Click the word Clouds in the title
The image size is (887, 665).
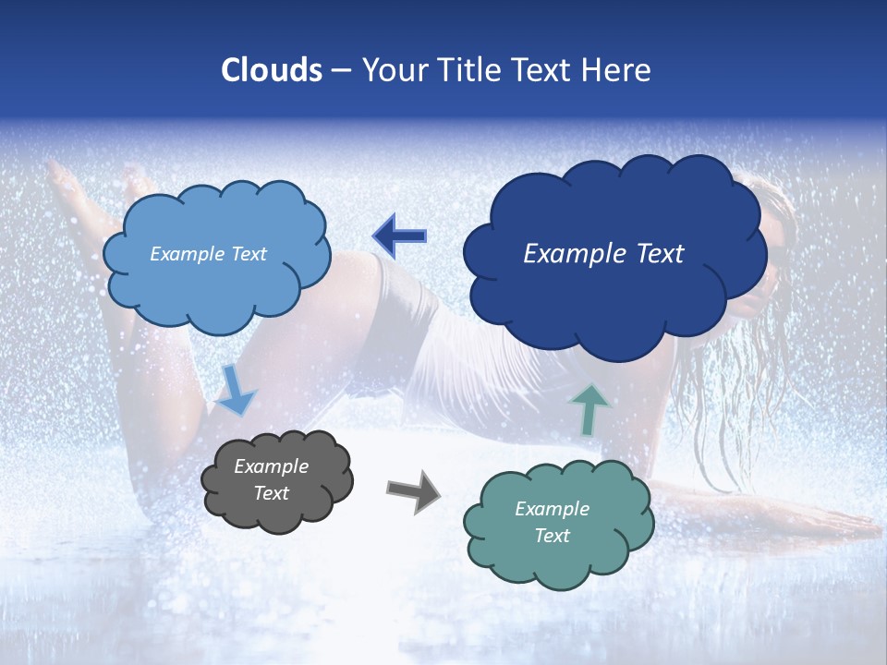point(272,70)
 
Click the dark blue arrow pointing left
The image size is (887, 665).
point(400,236)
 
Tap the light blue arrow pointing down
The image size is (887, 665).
point(237,391)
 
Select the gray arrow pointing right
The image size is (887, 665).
point(413,491)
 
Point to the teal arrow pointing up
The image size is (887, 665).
point(589,408)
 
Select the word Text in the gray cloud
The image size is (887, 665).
point(272,493)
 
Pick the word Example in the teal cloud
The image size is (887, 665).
point(552,509)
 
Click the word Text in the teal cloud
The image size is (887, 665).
point(552,536)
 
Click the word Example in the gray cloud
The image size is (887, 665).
point(272,466)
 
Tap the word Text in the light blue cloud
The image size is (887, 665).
point(249,254)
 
